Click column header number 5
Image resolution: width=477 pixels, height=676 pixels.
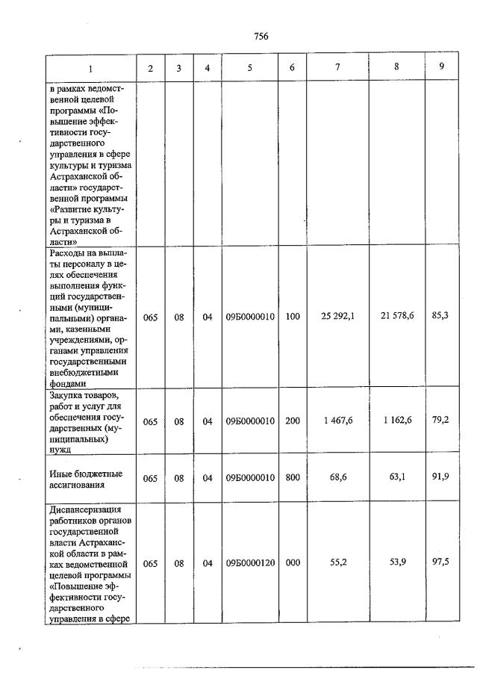click(x=250, y=68)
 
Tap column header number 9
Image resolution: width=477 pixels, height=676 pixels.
click(x=441, y=66)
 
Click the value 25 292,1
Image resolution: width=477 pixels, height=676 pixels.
click(x=337, y=316)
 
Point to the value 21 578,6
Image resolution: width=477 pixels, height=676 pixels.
click(x=397, y=316)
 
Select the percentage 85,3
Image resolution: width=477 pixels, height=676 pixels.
click(x=441, y=316)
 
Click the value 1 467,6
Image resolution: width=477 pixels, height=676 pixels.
click(x=337, y=421)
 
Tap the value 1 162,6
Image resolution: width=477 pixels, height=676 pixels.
click(x=397, y=421)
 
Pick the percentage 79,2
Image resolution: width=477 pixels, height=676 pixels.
click(x=441, y=421)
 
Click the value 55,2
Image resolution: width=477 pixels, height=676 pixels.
click(x=337, y=563)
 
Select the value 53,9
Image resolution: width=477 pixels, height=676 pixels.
click(x=397, y=563)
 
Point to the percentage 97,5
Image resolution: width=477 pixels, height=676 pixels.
click(x=441, y=563)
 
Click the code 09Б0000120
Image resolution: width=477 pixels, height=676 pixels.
click(x=250, y=564)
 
